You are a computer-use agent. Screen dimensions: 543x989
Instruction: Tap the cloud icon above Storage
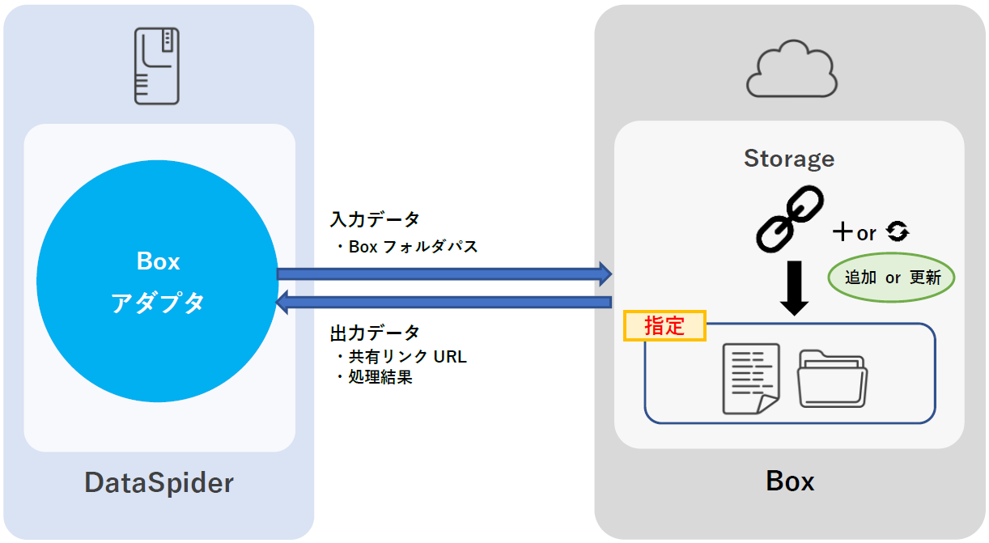(791, 71)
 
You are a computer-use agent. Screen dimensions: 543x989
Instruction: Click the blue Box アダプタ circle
(157, 281)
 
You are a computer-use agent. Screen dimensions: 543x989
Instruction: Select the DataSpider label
(159, 483)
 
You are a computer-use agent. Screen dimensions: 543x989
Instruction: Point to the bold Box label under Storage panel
(789, 481)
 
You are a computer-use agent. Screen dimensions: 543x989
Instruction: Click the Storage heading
(789, 159)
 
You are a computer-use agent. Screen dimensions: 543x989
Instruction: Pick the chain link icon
(789, 217)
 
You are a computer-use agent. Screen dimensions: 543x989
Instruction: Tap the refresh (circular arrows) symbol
(898, 233)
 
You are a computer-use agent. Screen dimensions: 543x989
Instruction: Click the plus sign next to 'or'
(843, 233)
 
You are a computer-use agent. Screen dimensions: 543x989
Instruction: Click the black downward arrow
(794, 287)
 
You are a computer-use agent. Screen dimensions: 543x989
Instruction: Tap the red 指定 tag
(664, 326)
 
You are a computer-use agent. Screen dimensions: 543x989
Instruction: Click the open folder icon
(832, 378)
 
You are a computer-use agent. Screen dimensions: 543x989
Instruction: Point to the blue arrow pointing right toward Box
(444, 274)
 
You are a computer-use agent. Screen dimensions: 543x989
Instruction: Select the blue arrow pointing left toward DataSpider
(444, 303)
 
